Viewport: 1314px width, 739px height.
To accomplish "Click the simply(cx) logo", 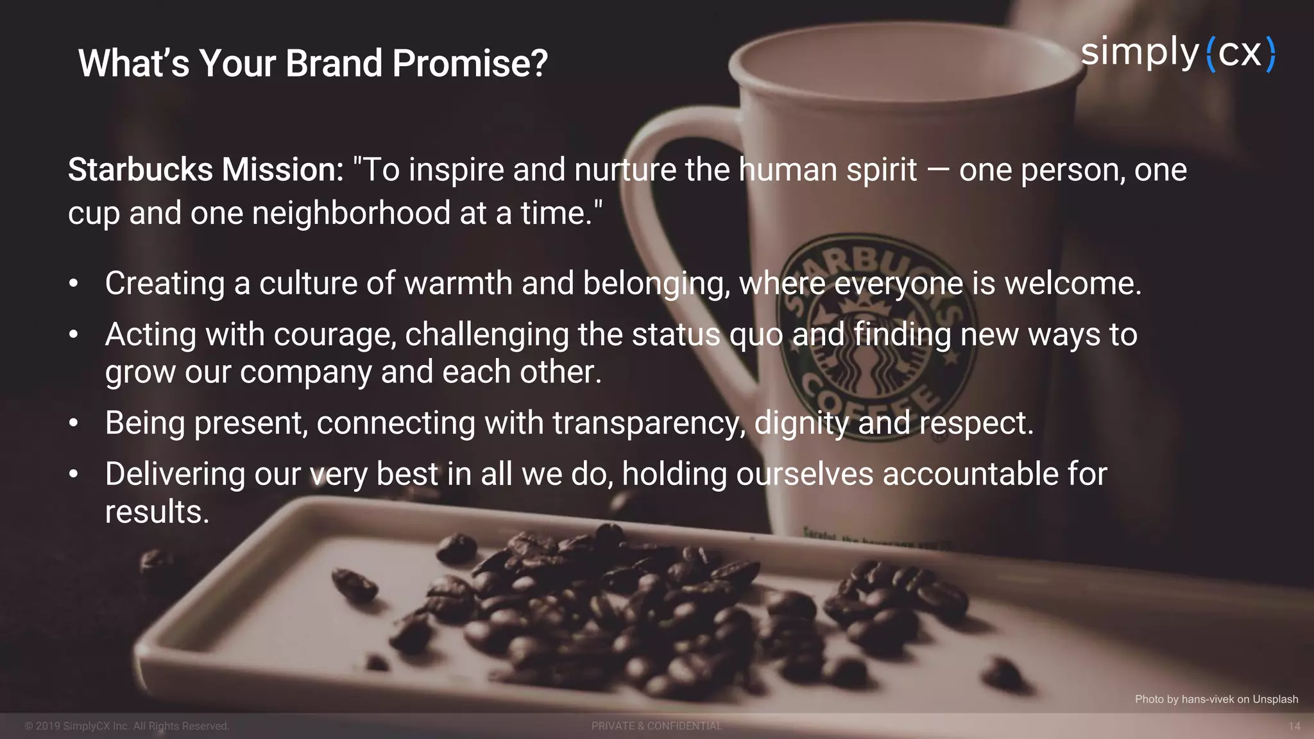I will click(x=1178, y=53).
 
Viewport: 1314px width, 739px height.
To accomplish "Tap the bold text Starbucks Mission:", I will click(x=206, y=170).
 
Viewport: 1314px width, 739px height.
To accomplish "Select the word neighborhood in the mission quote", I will click(x=351, y=213).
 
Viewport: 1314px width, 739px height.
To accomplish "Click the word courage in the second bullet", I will click(x=334, y=335).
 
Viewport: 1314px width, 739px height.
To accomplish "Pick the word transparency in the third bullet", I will click(x=649, y=423).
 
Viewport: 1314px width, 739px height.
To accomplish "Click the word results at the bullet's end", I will click(x=157, y=512).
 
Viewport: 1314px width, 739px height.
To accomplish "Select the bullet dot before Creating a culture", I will click(x=74, y=284).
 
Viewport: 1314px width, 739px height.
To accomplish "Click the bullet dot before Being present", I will click(x=74, y=423).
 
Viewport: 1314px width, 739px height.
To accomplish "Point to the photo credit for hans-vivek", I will click(x=1216, y=699).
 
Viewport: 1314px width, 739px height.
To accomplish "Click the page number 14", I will click(x=1294, y=726).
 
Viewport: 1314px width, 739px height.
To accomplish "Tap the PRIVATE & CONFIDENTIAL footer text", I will click(x=656, y=726).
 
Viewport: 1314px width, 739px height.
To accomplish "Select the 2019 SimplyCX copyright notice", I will click(x=127, y=726).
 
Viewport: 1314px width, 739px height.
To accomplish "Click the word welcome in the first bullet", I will click(x=1072, y=284).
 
